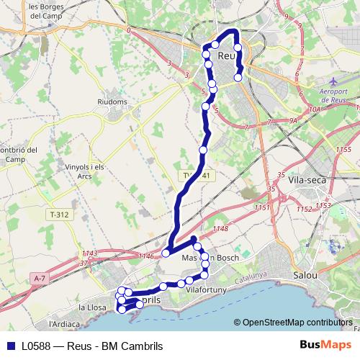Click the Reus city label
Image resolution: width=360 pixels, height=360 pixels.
click(x=226, y=55)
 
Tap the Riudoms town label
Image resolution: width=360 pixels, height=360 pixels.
click(x=112, y=102)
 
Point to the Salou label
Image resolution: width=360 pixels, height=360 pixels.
click(x=306, y=275)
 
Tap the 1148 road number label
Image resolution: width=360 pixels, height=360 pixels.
click(x=220, y=229)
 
